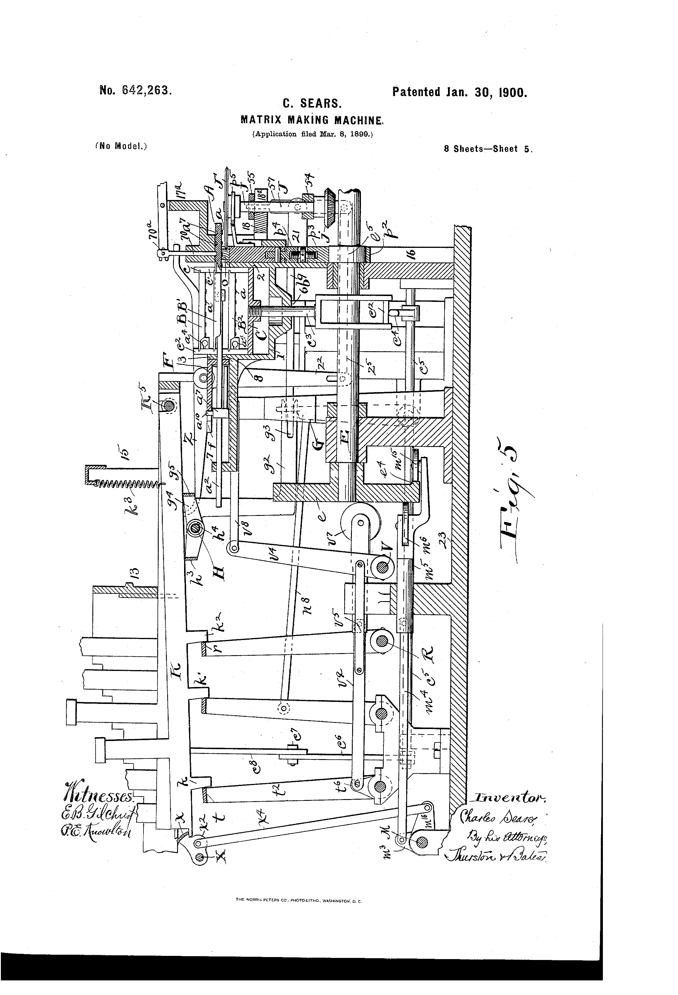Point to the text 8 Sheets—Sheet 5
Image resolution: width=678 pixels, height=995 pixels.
(488, 149)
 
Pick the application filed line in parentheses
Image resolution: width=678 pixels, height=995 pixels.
(312, 134)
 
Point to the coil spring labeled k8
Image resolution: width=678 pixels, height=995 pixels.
(124, 483)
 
